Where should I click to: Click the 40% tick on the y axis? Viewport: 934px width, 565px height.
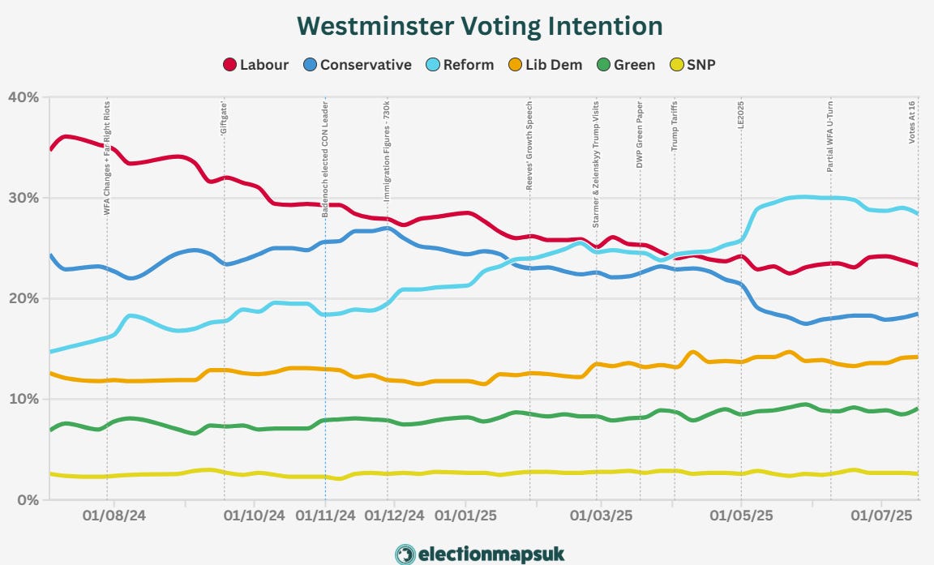point(23,97)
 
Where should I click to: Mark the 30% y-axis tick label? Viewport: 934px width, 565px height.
point(23,198)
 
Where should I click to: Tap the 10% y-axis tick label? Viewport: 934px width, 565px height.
point(23,399)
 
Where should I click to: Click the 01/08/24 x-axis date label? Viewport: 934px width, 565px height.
point(114,515)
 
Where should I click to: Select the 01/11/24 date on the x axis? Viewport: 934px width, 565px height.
point(325,515)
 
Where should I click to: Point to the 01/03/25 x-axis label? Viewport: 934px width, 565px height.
point(602,515)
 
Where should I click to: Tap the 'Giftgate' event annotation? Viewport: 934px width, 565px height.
point(225,116)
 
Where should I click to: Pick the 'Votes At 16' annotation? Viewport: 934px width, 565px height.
point(913,122)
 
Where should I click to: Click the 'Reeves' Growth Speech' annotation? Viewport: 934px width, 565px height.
point(530,145)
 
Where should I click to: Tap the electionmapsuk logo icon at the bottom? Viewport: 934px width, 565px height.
point(405,554)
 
